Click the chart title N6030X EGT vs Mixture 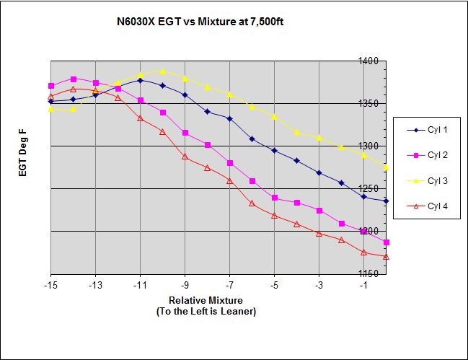pos(203,22)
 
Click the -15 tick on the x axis pos(51,286)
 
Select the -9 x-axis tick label pos(185,286)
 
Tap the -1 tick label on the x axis pos(364,286)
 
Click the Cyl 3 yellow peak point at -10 pos(163,71)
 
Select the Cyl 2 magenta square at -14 pos(74,79)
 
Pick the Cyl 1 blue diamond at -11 pos(141,80)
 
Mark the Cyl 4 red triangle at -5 pos(275,216)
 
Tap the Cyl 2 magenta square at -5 pos(275,198)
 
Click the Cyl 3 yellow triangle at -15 pos(51,110)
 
